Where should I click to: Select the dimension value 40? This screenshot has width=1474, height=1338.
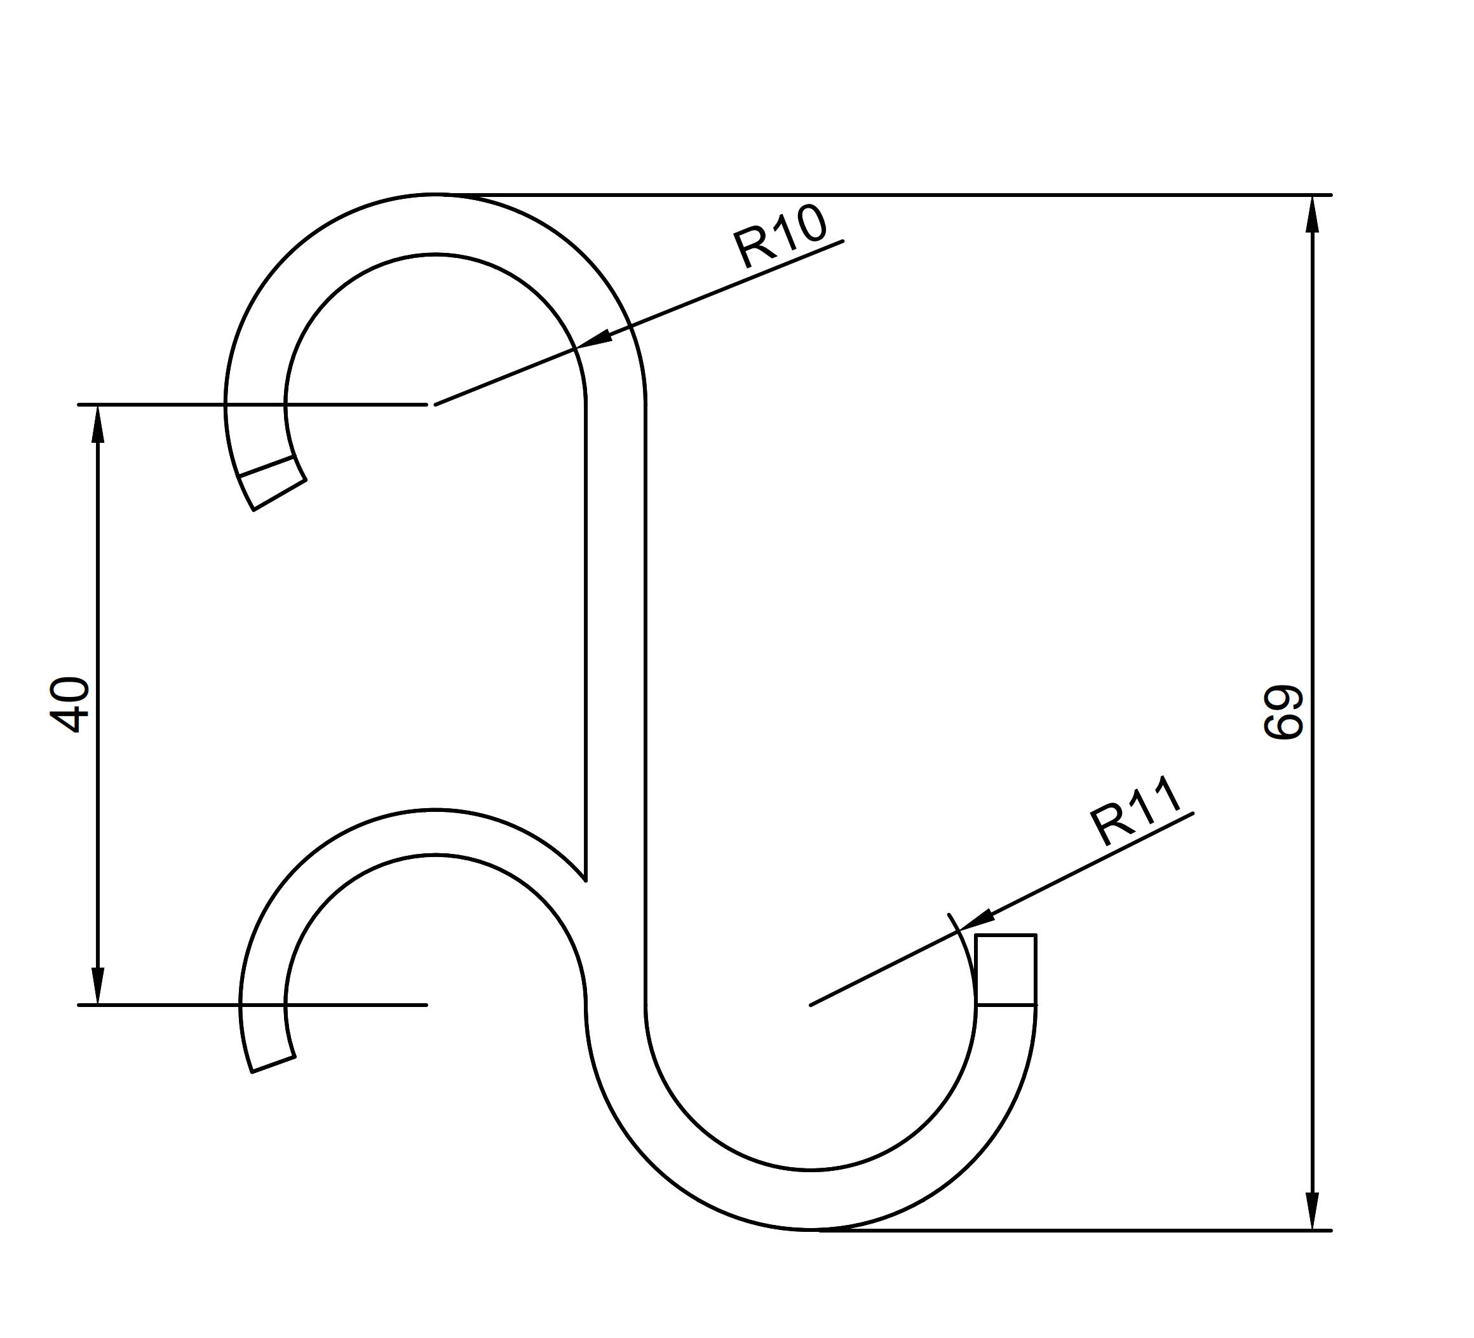tap(69, 704)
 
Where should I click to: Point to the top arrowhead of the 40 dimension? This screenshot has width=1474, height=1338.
tap(97, 424)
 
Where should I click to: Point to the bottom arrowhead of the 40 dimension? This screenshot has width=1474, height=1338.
tap(97, 985)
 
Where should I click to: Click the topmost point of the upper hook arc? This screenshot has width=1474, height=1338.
tap(436, 194)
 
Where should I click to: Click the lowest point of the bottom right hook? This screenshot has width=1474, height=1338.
tap(811, 1230)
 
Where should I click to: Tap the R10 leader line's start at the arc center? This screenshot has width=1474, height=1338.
tap(436, 403)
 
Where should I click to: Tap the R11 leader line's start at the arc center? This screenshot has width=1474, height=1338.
tap(811, 1004)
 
